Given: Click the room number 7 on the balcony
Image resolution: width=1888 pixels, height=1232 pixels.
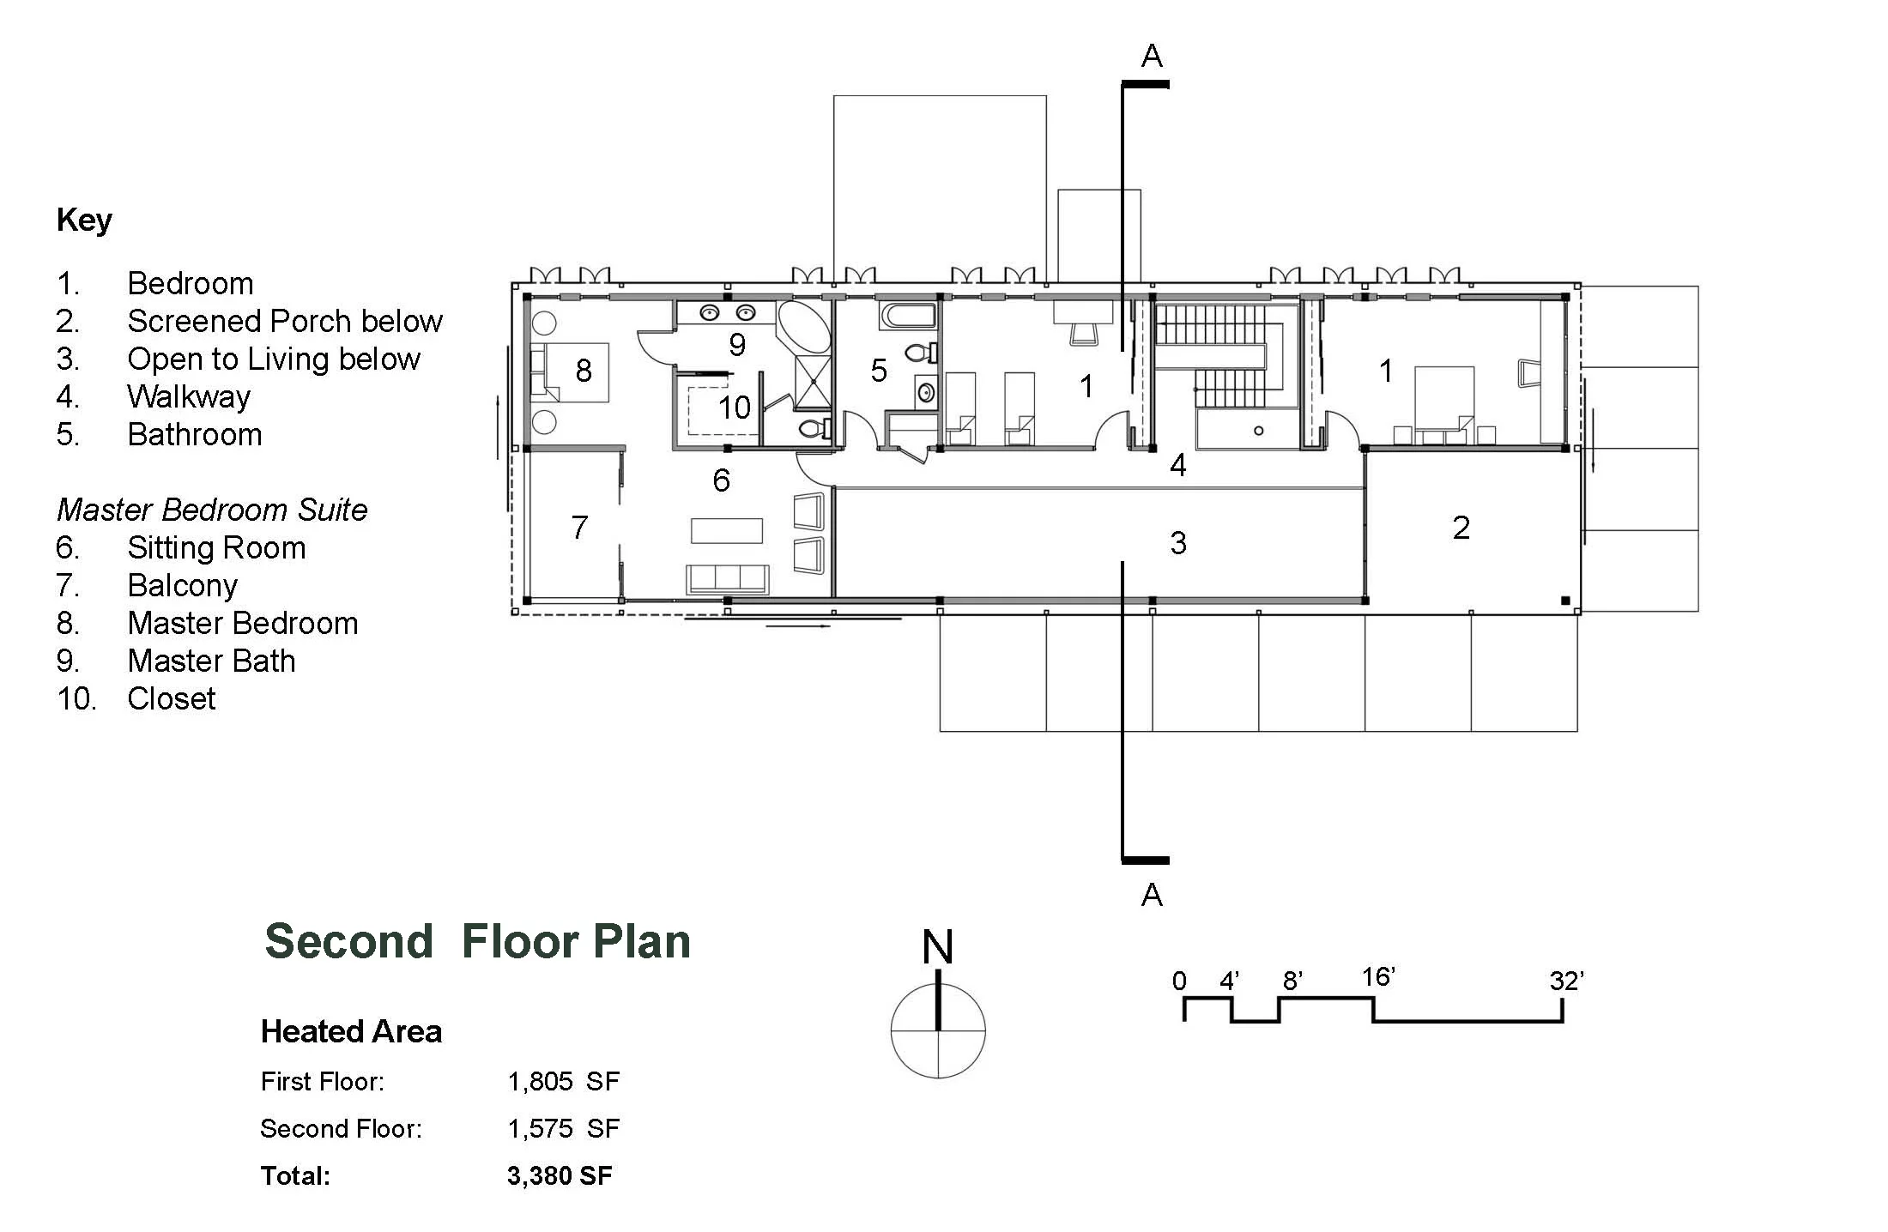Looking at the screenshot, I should tap(579, 527).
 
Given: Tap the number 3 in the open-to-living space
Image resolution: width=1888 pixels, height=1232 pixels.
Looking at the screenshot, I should tap(1178, 542).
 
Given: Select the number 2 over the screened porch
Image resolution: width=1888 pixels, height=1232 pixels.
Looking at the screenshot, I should tap(1461, 528).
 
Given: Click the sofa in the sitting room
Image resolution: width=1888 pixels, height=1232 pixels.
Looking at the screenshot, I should tap(728, 579).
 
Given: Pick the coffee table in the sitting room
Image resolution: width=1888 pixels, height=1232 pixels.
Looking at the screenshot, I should tap(727, 530).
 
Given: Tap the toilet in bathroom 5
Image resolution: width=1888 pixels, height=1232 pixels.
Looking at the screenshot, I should tap(920, 352).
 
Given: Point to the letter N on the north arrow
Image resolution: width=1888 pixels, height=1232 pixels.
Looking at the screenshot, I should tap(937, 947).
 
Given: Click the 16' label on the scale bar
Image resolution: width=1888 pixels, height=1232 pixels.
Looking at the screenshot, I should tap(1378, 976).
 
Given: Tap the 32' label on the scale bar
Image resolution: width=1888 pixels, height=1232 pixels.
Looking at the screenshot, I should tap(1566, 980).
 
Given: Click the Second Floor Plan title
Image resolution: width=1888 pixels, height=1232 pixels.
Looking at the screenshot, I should tap(477, 941).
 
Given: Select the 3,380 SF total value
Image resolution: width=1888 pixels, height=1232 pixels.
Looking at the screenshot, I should tap(560, 1175).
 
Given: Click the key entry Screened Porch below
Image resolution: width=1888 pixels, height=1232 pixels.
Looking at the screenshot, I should tap(284, 321).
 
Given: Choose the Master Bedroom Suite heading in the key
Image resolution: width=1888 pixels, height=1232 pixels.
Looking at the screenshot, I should tap(212, 510).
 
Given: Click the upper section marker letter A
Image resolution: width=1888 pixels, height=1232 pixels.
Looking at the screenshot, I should tap(1152, 57).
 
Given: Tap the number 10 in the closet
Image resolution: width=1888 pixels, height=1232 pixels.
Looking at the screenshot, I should tap(735, 407).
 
